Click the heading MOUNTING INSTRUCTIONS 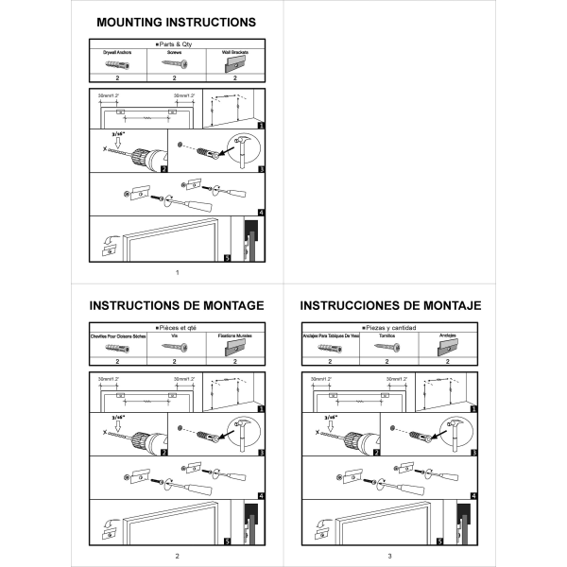[177, 22]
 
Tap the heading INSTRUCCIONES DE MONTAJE [389, 305]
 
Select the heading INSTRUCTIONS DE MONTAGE [177, 305]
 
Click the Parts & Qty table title [177, 44]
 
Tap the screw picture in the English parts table [176, 65]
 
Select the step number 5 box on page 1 [227, 256]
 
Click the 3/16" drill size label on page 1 [116, 135]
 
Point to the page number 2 [177, 555]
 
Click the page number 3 [389, 555]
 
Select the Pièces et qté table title [177, 327]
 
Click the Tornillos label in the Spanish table [387, 336]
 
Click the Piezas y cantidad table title [389, 327]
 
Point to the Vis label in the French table [176, 336]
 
